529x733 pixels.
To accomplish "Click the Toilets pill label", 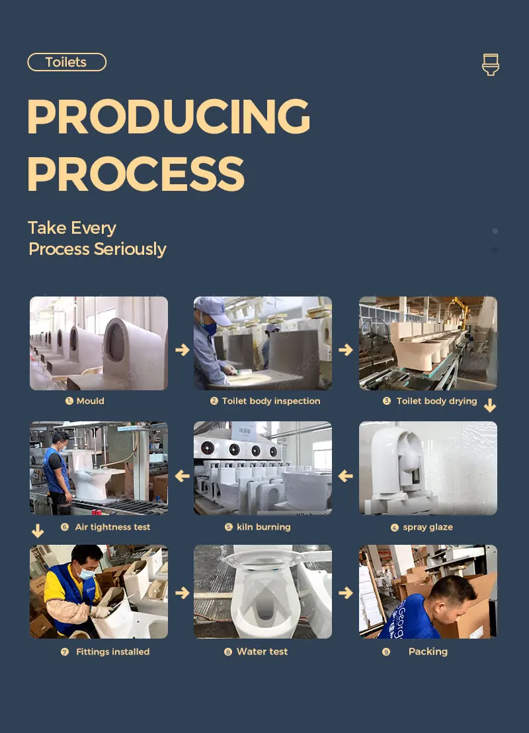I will [x=66, y=62].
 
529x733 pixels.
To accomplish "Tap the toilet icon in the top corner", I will [x=490, y=65].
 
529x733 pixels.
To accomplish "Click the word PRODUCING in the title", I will [x=169, y=117].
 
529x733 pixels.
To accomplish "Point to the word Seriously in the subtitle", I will [x=130, y=249].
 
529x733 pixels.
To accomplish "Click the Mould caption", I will [x=90, y=401].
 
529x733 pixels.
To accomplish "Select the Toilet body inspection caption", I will [x=270, y=401].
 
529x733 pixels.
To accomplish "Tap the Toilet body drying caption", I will [x=436, y=401].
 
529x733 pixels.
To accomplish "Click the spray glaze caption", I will [x=427, y=527].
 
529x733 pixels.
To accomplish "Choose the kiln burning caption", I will [x=263, y=527].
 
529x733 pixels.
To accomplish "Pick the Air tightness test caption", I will [x=112, y=527].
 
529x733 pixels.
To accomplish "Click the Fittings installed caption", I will [x=112, y=652].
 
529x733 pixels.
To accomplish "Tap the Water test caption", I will [x=262, y=652].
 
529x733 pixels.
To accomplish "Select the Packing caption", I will [x=428, y=652].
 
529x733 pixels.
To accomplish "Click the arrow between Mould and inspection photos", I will [x=182, y=349].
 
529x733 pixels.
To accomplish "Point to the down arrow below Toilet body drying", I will [x=490, y=405].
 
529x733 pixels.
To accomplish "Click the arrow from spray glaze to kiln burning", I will [x=345, y=475].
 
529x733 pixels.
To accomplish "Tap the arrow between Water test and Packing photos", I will [x=345, y=594].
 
